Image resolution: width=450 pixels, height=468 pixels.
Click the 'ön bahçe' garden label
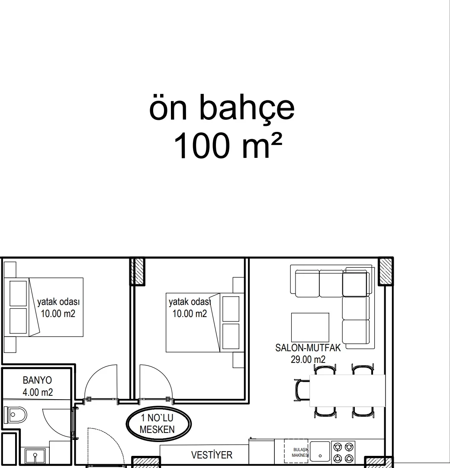pos(222,107)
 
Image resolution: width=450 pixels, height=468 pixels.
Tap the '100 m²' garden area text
pos(228,146)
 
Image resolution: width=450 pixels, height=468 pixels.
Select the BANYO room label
pos(37,380)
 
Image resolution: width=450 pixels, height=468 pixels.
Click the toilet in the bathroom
pos(16,414)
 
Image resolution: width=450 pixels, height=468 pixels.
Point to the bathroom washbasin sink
pos(35,456)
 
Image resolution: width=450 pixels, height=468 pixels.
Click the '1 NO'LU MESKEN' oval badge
pos(158,424)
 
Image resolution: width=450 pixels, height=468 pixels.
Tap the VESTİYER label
pos(212,455)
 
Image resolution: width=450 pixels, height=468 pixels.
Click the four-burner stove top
pos(344,452)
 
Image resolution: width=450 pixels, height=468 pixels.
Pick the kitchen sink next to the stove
pos(320,452)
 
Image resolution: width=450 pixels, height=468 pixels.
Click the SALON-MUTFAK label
pos(308,348)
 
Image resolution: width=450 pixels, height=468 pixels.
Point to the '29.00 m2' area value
pos(308,359)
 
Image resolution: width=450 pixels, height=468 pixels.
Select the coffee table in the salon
pos(310,327)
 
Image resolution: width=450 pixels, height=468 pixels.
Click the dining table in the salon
pos(347,391)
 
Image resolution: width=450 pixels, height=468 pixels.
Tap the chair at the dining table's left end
pos(302,390)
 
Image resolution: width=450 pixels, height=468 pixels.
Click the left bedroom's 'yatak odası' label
pos(58,302)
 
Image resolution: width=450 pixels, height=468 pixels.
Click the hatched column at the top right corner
pos(386,271)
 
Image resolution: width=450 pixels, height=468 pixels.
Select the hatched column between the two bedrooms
pos(138,272)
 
